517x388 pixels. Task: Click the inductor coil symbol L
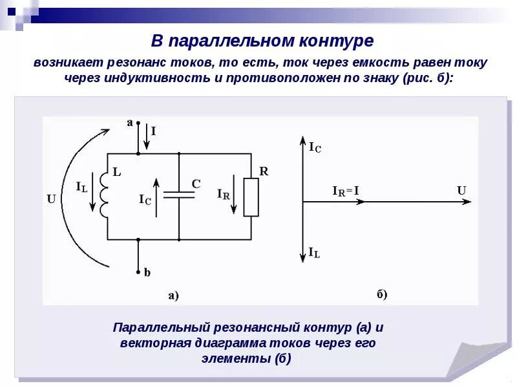point(103,196)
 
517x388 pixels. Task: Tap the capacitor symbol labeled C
point(179,195)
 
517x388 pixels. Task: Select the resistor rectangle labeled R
point(251,197)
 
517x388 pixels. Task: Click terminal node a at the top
point(138,122)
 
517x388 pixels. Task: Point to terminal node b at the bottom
point(138,272)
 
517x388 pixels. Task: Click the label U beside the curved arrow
point(51,199)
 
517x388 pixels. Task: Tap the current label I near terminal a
point(153,131)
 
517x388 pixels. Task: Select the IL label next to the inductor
point(81,187)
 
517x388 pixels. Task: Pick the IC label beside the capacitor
point(145,199)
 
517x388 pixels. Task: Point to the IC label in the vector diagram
point(315,148)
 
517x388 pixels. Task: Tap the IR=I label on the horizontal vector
point(346,191)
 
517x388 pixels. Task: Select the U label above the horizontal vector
point(461,190)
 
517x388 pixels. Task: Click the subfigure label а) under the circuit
point(173,296)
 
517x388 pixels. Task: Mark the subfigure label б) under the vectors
point(381,295)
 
